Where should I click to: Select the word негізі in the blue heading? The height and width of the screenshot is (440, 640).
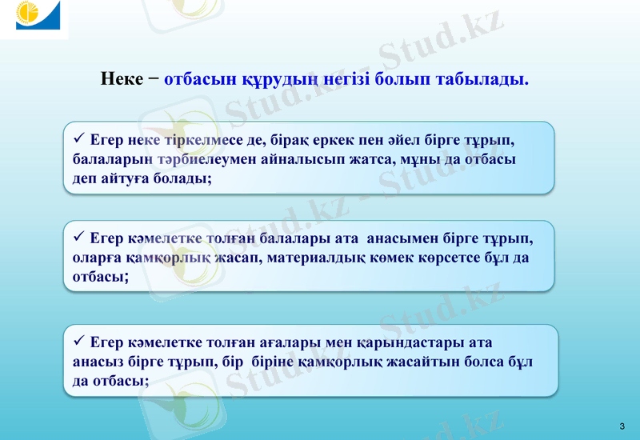(358, 80)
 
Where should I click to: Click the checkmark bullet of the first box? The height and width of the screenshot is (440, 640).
(78, 138)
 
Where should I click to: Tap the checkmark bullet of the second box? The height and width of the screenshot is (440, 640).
(78, 237)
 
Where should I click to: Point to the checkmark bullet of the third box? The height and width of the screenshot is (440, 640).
(78, 342)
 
